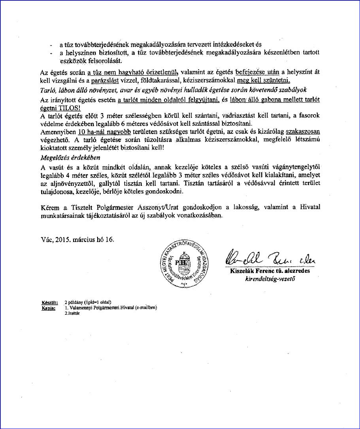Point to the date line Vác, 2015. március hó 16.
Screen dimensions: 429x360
pyautogui.click(x=77, y=240)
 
